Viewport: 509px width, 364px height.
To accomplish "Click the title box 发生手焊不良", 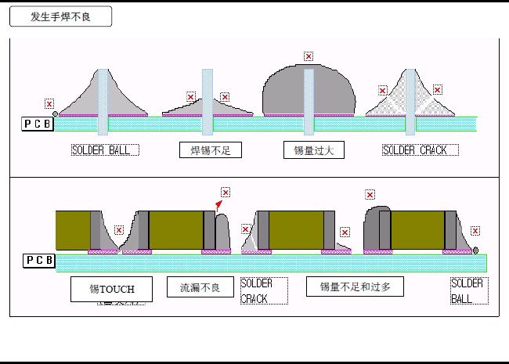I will (x=60, y=16).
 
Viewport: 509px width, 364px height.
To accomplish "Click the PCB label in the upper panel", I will (x=38, y=124).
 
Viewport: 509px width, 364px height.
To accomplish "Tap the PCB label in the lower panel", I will (x=39, y=260).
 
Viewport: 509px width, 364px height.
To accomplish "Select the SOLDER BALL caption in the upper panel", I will (x=106, y=150).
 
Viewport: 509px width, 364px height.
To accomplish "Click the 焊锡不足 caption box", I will (x=211, y=150).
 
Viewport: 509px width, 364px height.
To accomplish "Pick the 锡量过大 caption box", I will (x=313, y=150).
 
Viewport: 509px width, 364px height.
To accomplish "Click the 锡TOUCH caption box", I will (x=111, y=289).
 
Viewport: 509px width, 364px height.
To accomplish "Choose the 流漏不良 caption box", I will (x=200, y=287).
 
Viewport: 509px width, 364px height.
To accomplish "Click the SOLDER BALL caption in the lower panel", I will (x=467, y=290).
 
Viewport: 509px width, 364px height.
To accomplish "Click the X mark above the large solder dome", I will (x=309, y=56).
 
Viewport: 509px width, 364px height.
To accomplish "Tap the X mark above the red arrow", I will (x=226, y=192).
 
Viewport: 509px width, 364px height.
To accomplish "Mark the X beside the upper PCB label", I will (x=49, y=103).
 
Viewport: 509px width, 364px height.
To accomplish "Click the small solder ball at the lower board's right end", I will (x=476, y=250).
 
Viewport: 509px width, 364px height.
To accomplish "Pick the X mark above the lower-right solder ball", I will (x=475, y=231).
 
